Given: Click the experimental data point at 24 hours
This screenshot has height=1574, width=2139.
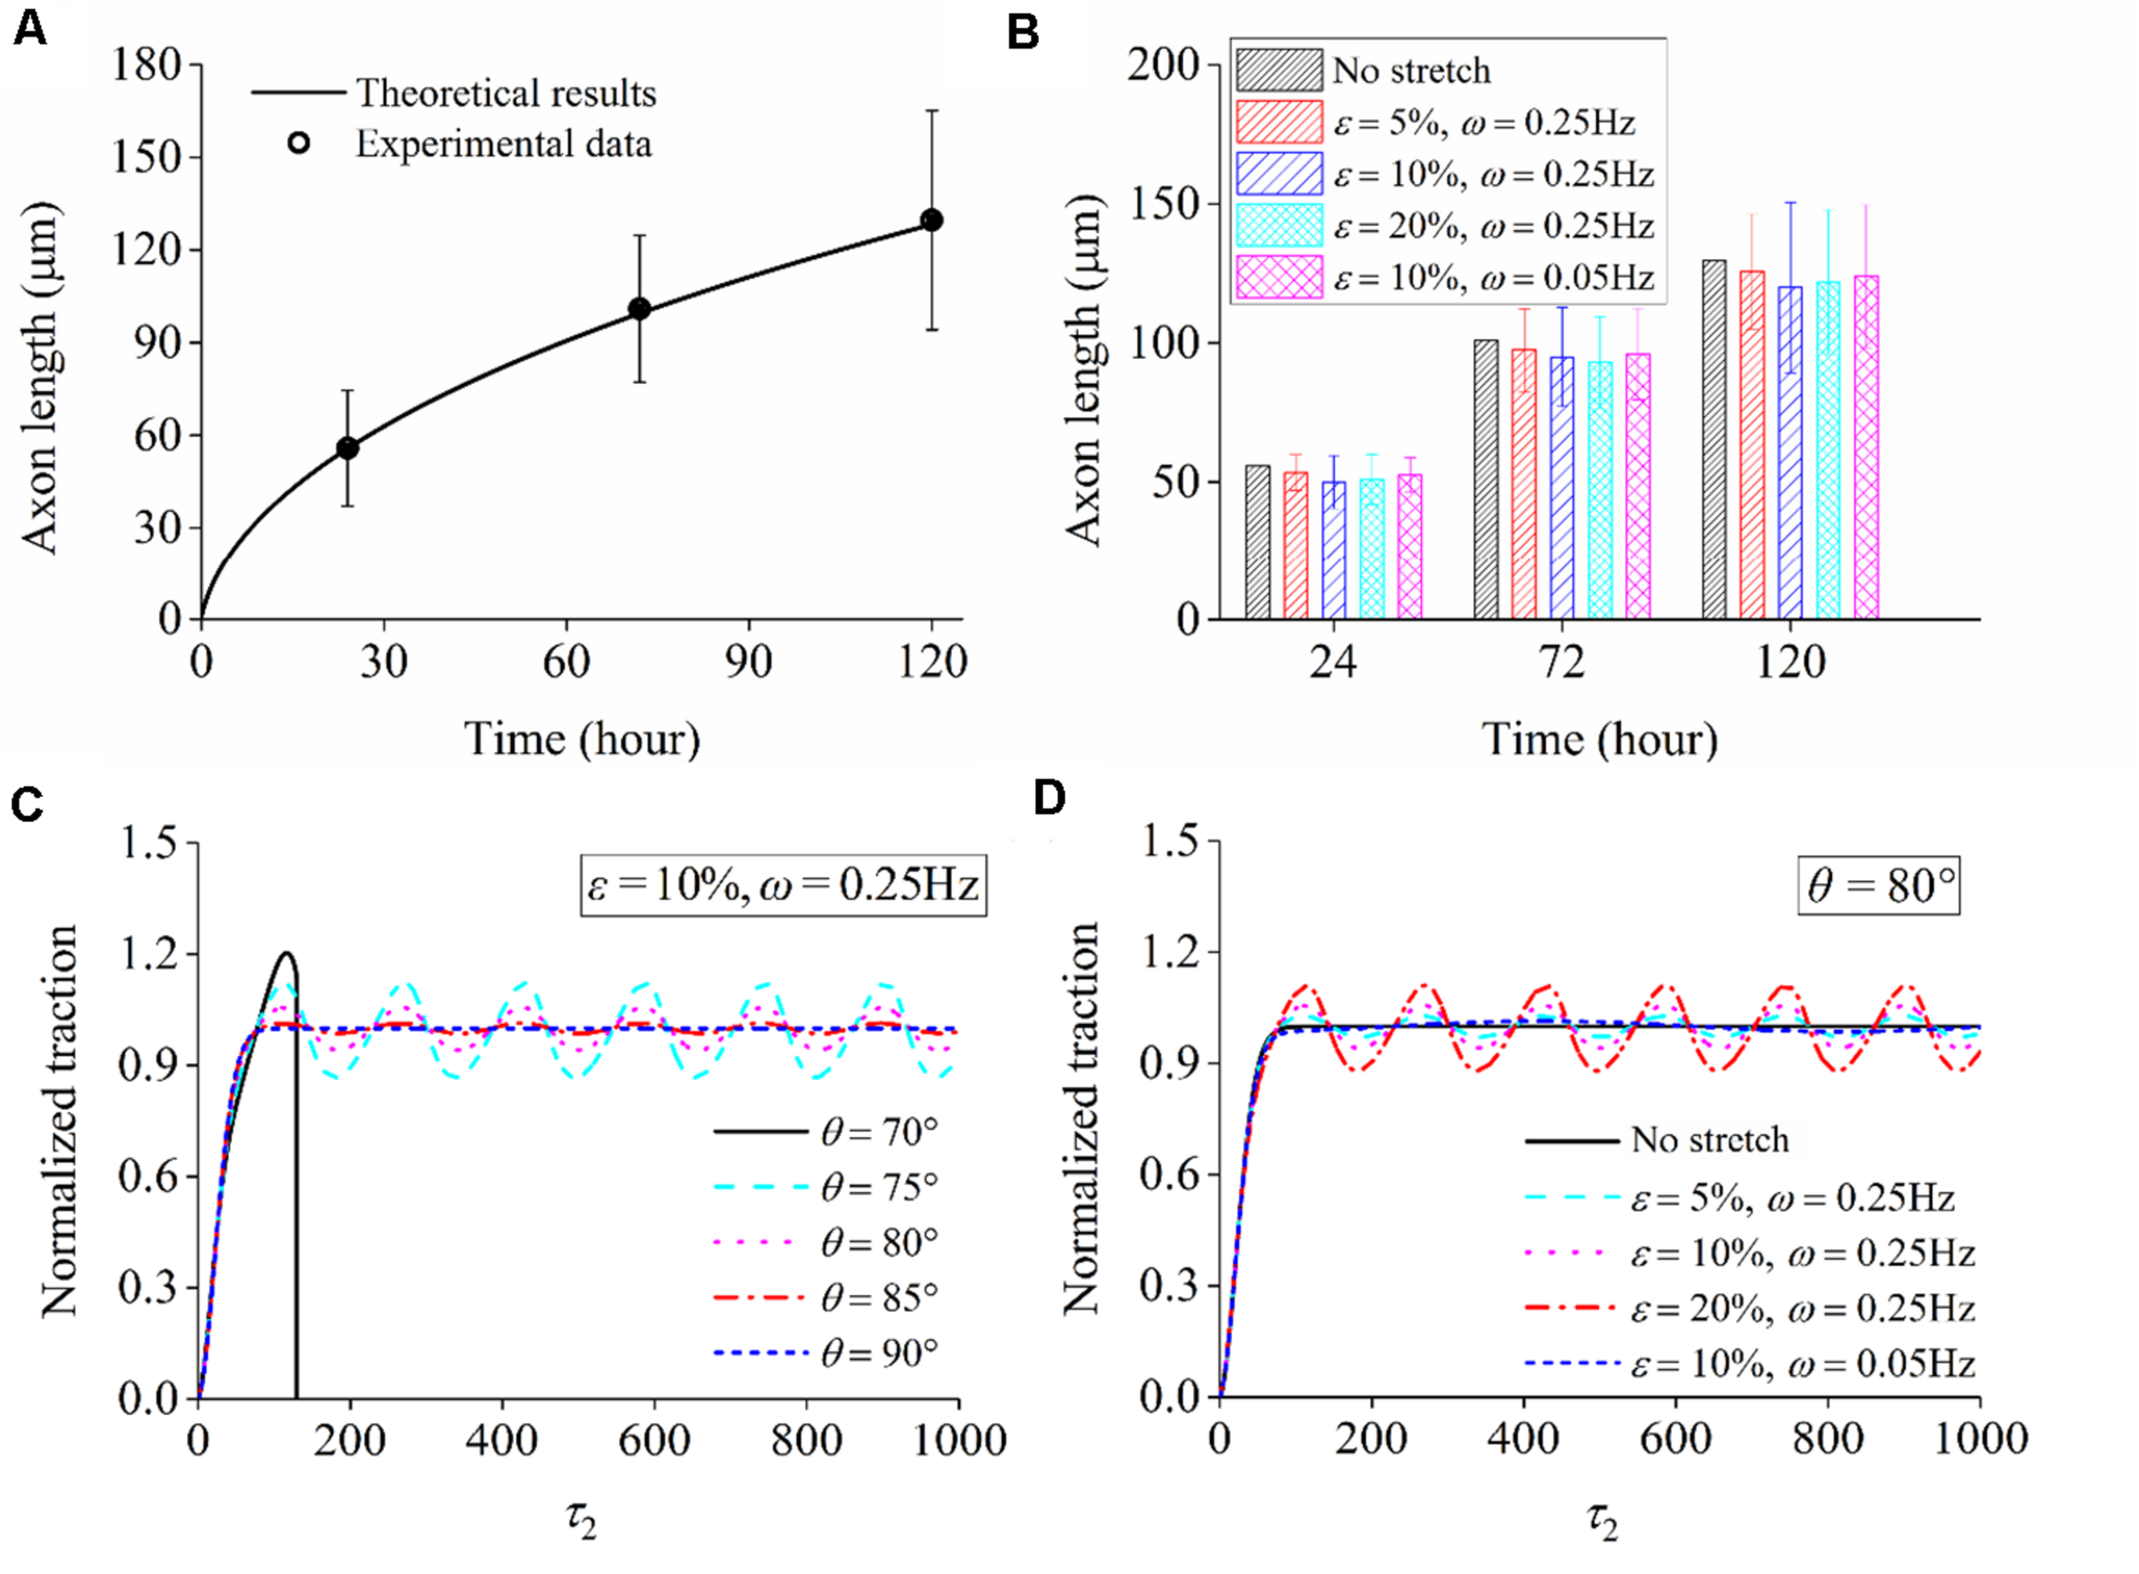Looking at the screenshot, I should point(347,447).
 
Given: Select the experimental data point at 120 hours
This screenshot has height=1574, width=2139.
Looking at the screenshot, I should point(932,220).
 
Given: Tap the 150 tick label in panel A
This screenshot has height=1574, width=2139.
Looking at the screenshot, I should point(148,157).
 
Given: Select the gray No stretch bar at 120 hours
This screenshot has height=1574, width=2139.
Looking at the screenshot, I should point(1714,439).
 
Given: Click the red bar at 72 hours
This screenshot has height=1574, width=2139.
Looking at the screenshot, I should point(1524,484).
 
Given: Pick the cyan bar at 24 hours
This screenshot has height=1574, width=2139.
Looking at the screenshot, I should point(1372,549).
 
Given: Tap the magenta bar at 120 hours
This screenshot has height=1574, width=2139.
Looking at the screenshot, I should point(1867,447).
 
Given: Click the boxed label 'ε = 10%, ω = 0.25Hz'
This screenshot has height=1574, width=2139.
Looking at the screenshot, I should point(783,885).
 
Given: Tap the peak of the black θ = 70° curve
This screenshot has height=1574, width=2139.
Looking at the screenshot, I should point(286,953).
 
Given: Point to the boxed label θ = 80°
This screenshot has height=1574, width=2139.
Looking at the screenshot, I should point(1879,885).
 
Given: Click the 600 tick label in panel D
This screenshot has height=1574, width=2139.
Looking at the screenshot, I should point(1675,1439).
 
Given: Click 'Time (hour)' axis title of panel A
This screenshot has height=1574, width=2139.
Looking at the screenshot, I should point(581,739).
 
